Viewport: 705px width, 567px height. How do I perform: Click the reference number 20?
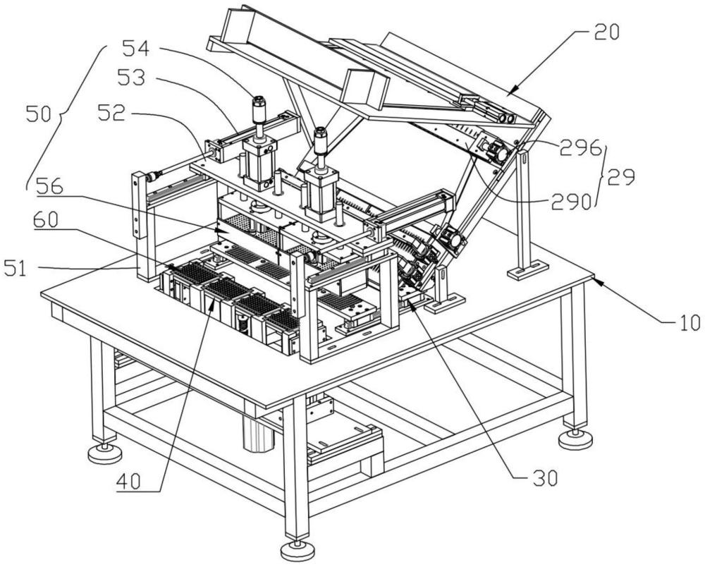tap(606, 32)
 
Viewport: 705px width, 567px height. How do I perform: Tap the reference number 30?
tap(546, 478)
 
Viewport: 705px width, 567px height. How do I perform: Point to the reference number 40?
tap(128, 482)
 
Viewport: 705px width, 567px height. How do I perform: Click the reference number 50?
tap(39, 114)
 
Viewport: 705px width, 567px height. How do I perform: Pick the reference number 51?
tap(16, 269)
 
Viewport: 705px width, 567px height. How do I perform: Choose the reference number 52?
tap(111, 114)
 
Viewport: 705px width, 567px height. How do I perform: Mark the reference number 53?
tap(131, 78)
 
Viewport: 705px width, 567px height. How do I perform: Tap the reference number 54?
tap(135, 48)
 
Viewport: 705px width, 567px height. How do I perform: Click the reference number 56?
tap(49, 185)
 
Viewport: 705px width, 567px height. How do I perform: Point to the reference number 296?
tap(580, 147)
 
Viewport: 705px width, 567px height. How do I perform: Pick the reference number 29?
tap(621, 177)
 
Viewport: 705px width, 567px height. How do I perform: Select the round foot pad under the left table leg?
tap(105, 453)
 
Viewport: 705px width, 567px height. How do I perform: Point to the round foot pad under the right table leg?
tap(575, 439)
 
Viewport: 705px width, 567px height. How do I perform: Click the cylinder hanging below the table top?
tap(259, 433)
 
